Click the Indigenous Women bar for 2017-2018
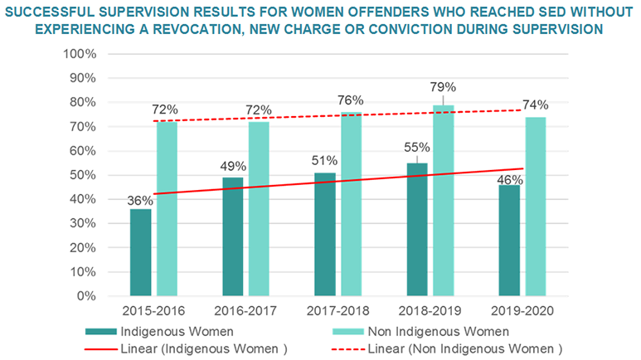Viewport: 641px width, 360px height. click(x=325, y=234)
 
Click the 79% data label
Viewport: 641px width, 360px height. click(x=444, y=88)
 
